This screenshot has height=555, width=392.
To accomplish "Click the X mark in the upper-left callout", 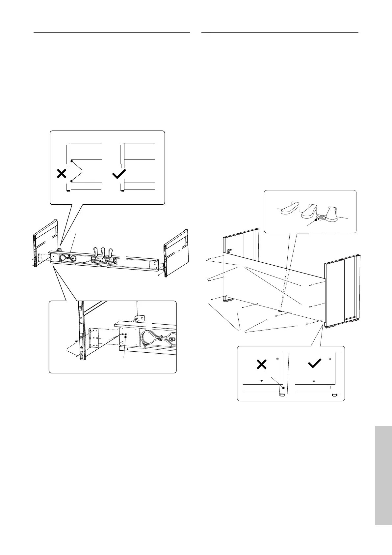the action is [x=62, y=174].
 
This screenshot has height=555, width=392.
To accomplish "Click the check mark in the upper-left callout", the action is [x=119, y=174].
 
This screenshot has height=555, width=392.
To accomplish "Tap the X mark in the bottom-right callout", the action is [x=261, y=365].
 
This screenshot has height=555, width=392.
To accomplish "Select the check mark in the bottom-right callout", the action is [x=314, y=364].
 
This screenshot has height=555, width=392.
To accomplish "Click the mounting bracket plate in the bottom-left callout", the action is [x=94, y=337].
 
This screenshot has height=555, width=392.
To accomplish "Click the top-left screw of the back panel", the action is [x=210, y=259].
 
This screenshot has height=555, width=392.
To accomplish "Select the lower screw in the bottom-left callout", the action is [x=77, y=356].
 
